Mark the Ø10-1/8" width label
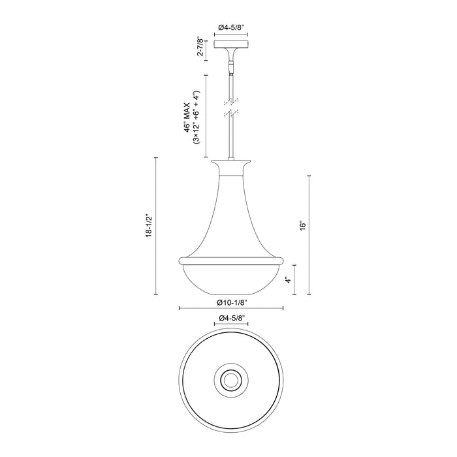231,303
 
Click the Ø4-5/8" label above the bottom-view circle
231,318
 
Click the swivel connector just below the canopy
231,65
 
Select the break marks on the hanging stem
231,108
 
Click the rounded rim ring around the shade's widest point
231,260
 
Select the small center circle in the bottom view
231,378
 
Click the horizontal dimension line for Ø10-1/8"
196,309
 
